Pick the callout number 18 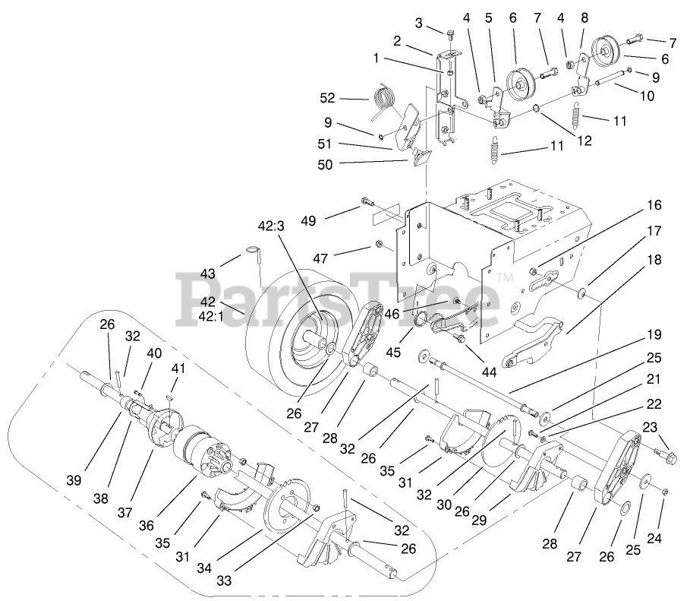(x=654, y=260)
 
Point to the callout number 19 (x=654, y=334)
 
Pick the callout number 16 (x=654, y=205)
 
